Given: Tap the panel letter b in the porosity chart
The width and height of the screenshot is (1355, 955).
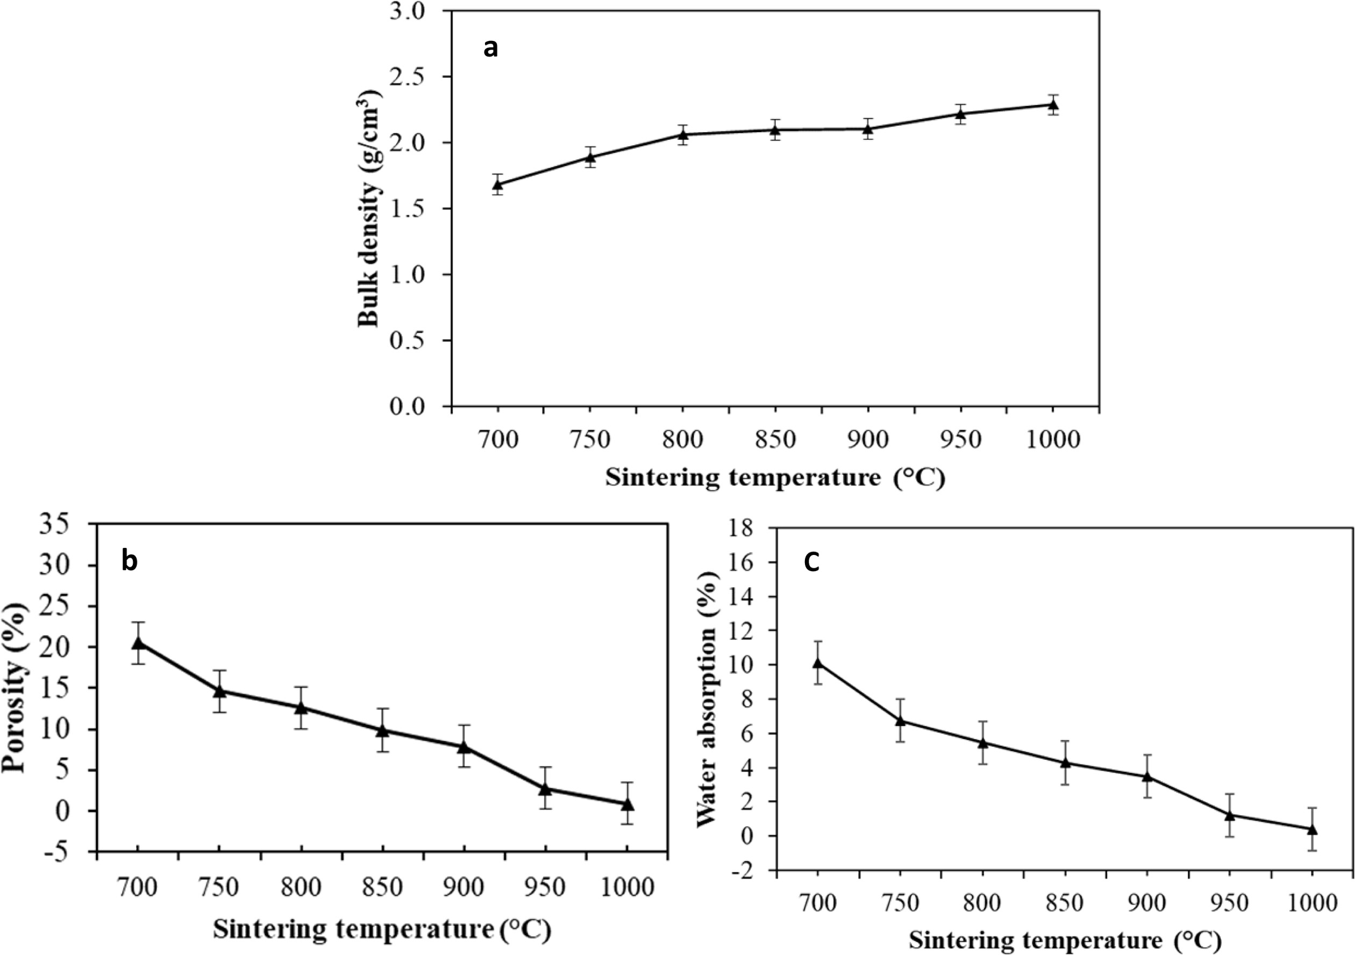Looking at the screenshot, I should coord(129,560).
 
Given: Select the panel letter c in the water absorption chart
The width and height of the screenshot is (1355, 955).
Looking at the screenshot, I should coord(811,562).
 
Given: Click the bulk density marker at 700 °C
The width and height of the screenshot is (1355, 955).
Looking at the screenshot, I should coord(497,185).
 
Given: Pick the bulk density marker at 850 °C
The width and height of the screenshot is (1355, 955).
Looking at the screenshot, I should coord(775,130).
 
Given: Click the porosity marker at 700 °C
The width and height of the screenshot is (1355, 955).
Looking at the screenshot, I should coord(138,643).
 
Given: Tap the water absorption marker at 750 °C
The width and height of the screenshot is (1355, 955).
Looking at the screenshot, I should coord(900,720).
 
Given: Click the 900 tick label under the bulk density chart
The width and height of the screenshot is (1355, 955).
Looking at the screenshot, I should coord(867,440).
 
